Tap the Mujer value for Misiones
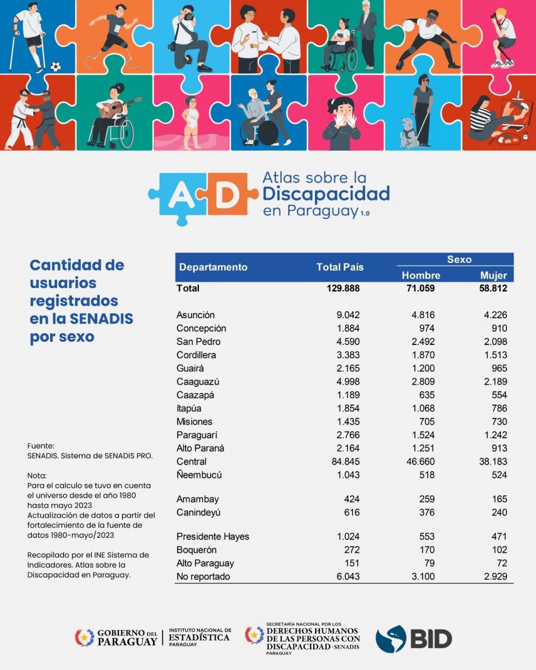[x=496, y=422]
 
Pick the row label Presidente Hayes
[x=213, y=537]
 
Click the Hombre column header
[x=421, y=275]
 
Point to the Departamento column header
[x=213, y=267]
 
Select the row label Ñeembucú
[x=199, y=475]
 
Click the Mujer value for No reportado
[x=495, y=577]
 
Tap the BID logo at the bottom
[x=414, y=639]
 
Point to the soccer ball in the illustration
[x=56, y=66]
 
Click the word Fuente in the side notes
[x=41, y=446]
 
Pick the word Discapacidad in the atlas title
[x=326, y=194]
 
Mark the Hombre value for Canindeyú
[x=425, y=513]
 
